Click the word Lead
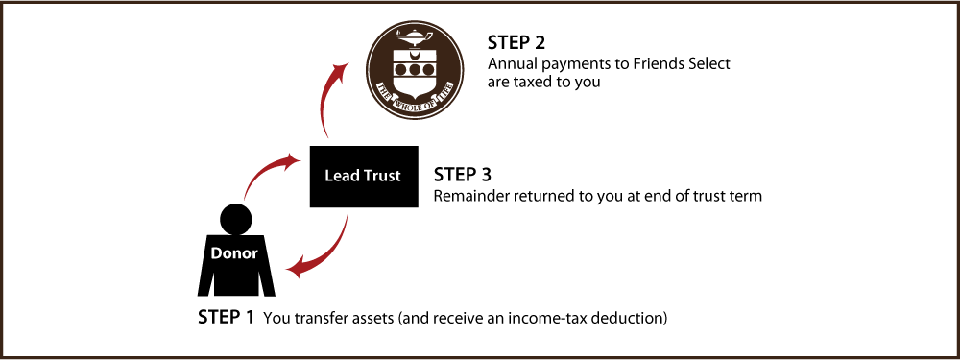click(341, 177)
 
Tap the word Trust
click(381, 177)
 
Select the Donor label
click(234, 253)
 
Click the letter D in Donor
click(216, 253)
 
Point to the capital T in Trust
click(367, 177)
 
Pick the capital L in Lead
click(328, 177)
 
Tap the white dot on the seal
click(411, 108)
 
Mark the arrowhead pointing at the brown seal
click(340, 69)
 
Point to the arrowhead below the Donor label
click(296, 270)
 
